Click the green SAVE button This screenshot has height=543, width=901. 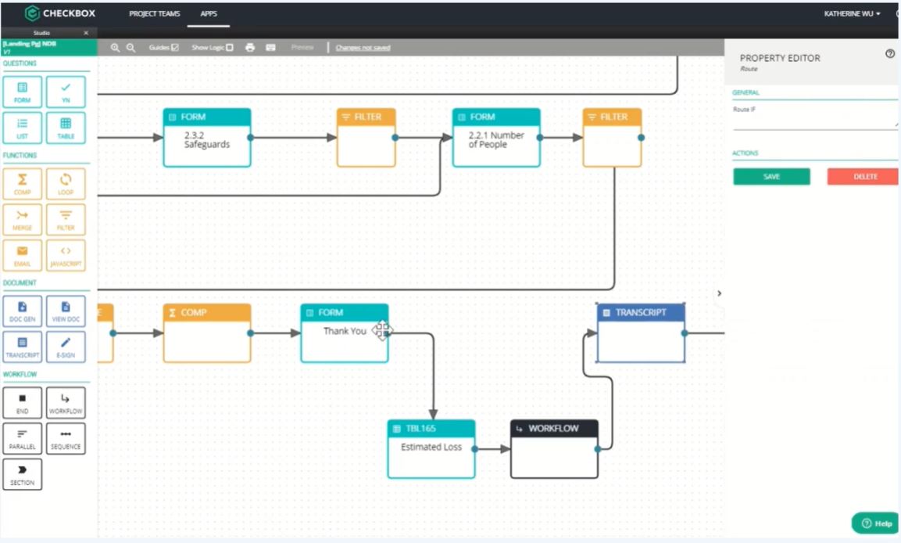[x=771, y=177]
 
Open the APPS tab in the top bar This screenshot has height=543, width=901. [x=208, y=14]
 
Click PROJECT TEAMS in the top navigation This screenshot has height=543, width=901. [x=155, y=14]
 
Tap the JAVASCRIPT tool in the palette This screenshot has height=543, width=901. [x=66, y=255]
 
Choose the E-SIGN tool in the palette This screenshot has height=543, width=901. [x=66, y=347]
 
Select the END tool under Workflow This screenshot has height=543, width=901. [x=23, y=403]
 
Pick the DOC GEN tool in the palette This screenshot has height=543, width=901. [x=23, y=311]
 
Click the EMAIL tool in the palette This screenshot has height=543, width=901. [x=23, y=255]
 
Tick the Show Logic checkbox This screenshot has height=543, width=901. [x=230, y=48]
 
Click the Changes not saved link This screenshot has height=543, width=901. [x=363, y=48]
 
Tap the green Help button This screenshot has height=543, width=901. [x=875, y=523]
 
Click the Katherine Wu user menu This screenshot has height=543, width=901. [x=852, y=14]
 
